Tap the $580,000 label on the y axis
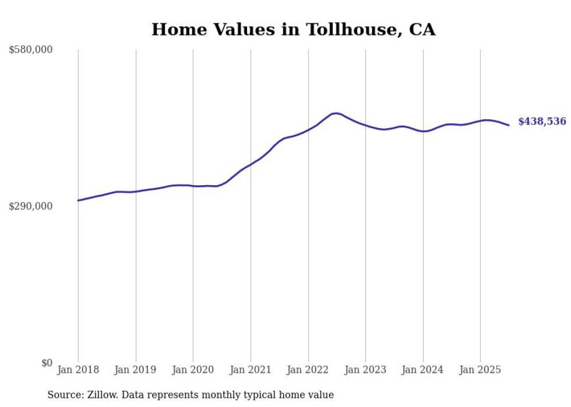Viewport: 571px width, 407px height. pos(31,50)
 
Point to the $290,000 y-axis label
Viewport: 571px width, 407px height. pos(31,206)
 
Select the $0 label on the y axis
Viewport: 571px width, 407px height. pos(47,363)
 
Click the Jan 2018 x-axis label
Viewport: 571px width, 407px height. pos(78,370)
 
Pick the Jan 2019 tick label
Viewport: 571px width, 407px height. pos(136,370)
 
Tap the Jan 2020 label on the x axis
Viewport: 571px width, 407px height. pos(193,370)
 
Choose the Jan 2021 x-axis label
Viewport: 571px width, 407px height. pos(251,370)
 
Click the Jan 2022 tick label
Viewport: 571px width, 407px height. pos(308,370)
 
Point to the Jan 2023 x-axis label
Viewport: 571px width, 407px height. pos(365,370)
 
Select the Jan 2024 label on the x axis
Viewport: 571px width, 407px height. pos(423,370)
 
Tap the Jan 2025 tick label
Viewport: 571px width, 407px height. pos(480,370)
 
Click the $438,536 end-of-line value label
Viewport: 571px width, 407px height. pos(542,122)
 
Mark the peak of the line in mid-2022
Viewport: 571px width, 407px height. pos(336,113)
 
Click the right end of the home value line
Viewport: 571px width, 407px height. pos(509,125)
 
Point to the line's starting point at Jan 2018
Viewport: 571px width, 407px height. pos(78,200)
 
